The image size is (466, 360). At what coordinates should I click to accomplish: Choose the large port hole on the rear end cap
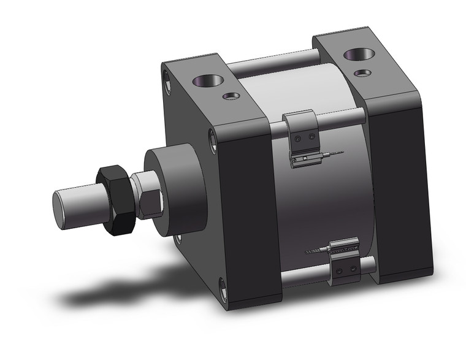coord(354,56)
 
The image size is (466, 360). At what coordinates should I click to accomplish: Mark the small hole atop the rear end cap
coord(364,72)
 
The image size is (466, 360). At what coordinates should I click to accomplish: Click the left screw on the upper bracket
coord(299,139)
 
